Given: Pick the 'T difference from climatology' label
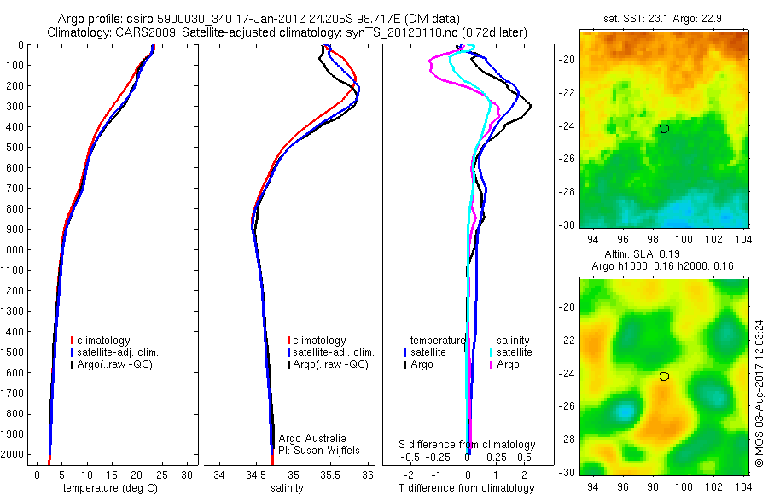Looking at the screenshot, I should (467, 488).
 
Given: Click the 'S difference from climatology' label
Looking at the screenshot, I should (467, 445).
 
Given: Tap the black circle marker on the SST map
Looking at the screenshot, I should (664, 129).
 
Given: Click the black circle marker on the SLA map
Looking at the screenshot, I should (664, 376).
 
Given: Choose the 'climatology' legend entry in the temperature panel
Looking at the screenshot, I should (107, 341).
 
